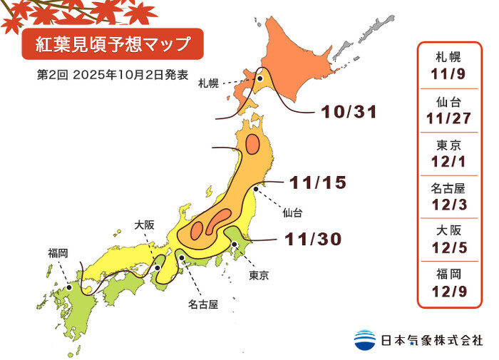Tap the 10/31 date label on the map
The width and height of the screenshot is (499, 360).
pos(348,112)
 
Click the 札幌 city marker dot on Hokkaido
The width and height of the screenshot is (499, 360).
pos(261,80)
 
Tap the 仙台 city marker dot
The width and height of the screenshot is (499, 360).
pos(255,189)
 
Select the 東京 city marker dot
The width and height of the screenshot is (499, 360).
pos(235,245)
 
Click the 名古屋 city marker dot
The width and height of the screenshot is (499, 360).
pos(182,258)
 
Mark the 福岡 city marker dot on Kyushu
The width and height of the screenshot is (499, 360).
pos(68,287)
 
